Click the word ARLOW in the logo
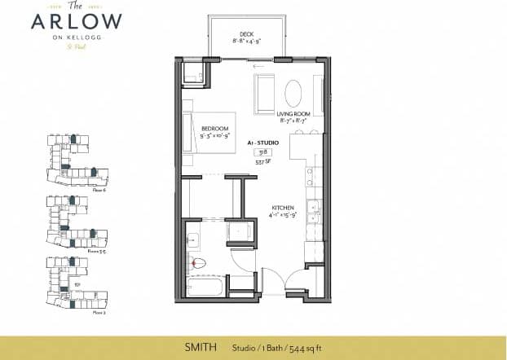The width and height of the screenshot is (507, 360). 77,22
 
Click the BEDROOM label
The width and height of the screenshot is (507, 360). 214,128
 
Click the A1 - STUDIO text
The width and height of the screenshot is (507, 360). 263,143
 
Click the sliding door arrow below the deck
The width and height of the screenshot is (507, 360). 260,66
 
